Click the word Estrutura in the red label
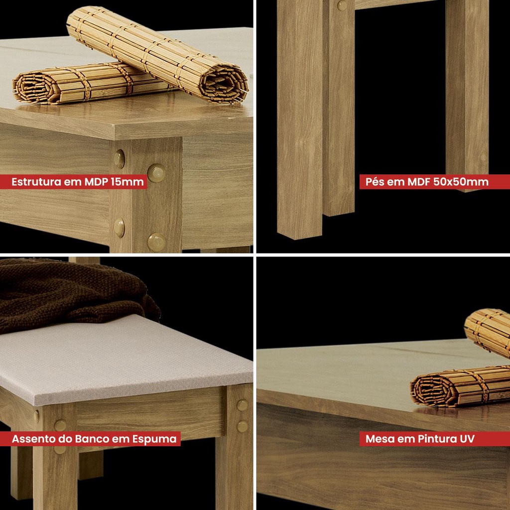coord(36,182)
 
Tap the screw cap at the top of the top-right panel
coord(342,5)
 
